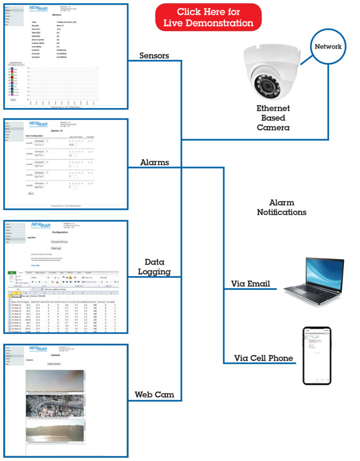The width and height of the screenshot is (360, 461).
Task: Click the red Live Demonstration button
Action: click(x=208, y=17)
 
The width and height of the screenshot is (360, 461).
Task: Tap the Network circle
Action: click(x=328, y=46)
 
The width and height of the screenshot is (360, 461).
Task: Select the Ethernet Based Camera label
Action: click(x=273, y=118)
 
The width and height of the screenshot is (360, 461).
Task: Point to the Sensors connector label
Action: click(x=155, y=55)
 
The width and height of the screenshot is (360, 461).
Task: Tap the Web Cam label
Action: click(x=155, y=395)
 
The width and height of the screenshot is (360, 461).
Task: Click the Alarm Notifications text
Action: click(x=282, y=208)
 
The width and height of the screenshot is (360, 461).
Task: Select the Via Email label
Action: click(x=251, y=284)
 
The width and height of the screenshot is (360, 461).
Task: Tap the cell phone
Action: click(x=317, y=355)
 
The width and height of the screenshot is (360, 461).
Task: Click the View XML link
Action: click(x=35, y=266)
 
